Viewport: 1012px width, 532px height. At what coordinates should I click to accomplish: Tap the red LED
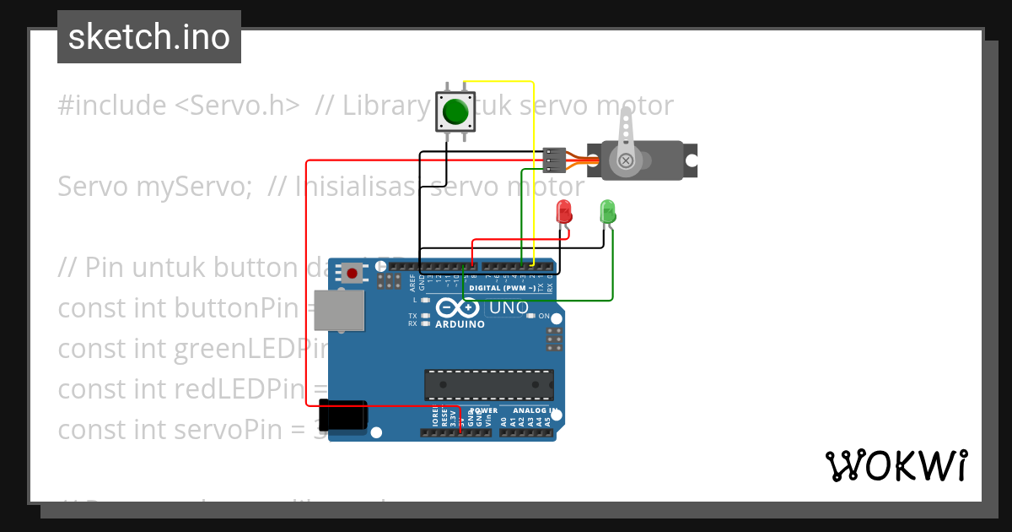[564, 211]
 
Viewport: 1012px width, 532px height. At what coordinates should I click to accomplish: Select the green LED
[607, 210]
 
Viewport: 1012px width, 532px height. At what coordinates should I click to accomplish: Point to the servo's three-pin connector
[552, 159]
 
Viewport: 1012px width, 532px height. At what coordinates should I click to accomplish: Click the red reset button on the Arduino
[352, 273]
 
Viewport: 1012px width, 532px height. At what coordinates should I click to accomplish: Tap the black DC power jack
[346, 415]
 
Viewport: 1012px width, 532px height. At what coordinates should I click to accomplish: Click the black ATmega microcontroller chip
[489, 384]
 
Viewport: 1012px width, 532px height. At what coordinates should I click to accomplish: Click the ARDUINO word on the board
[460, 324]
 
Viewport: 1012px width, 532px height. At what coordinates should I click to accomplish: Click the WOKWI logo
[896, 464]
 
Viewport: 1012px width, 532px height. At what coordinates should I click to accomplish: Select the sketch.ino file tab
[149, 37]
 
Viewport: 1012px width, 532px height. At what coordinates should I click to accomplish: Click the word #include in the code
[112, 106]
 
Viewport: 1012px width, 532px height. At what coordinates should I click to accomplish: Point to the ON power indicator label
[544, 316]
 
